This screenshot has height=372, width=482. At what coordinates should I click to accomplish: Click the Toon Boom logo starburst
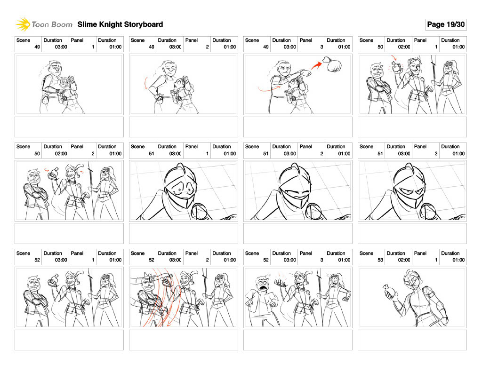pyautogui.click(x=23, y=24)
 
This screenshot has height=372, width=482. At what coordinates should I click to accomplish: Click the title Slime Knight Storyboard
pyautogui.click(x=120, y=24)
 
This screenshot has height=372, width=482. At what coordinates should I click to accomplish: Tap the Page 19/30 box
pyautogui.click(x=446, y=24)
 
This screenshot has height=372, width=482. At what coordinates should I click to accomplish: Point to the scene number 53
pyautogui.click(x=380, y=260)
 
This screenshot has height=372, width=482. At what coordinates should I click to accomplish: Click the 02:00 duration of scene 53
pyautogui.click(x=404, y=260)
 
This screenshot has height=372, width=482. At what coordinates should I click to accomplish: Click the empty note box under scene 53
pyautogui.click(x=412, y=340)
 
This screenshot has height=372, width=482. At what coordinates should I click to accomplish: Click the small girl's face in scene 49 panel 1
pyautogui.click(x=65, y=83)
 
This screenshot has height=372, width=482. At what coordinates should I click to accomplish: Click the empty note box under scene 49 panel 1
pyautogui.click(x=69, y=127)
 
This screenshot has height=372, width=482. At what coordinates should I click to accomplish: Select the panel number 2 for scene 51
pyautogui.click(x=321, y=154)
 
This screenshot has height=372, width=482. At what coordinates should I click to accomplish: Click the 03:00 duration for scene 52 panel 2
pyautogui.click(x=175, y=260)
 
